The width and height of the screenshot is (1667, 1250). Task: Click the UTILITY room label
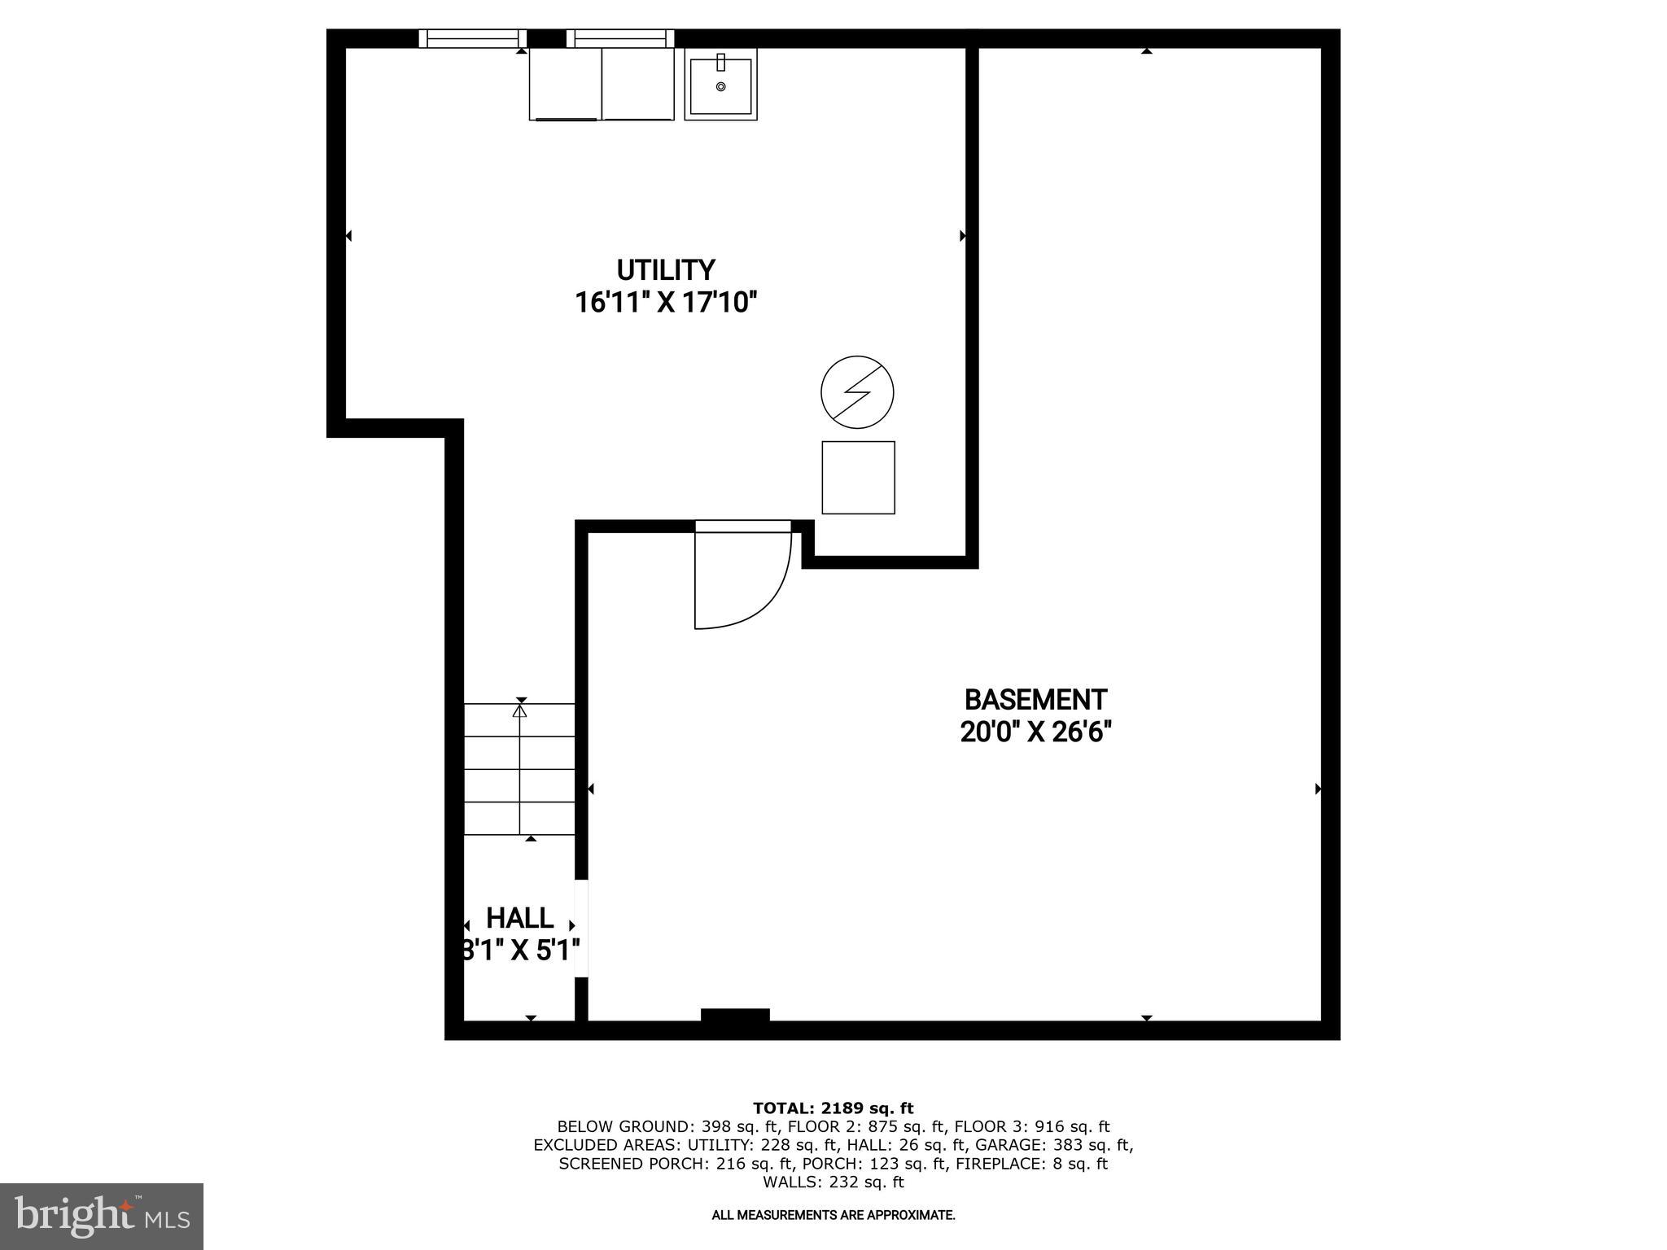pos(665,269)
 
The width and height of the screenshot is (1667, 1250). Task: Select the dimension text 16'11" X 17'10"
pos(665,303)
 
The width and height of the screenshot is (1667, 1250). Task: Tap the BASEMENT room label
pos(1035,699)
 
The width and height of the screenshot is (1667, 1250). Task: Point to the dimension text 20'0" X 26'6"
pos(1035,732)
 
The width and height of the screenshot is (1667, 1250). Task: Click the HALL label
pos(519,918)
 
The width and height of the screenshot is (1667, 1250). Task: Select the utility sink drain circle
pos(720,86)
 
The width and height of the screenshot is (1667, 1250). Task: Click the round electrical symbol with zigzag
pos(857,392)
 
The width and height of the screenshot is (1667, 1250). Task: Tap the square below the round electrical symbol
pos(858,478)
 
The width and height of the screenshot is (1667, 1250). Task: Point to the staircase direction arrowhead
pos(519,710)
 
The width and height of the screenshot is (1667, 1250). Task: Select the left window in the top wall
pos(472,38)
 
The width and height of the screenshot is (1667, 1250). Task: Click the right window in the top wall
pos(620,38)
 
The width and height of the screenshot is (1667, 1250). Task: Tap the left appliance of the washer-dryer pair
pos(565,84)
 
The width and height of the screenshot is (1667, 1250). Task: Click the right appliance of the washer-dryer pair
pos(637,84)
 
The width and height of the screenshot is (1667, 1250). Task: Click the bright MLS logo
pos(101,1216)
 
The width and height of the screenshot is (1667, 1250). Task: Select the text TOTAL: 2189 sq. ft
pos(833,1108)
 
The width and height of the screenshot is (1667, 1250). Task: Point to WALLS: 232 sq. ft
pos(833,1182)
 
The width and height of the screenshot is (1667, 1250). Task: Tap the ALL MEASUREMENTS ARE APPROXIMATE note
pos(833,1215)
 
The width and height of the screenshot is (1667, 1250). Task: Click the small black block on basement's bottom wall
pos(735,1014)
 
